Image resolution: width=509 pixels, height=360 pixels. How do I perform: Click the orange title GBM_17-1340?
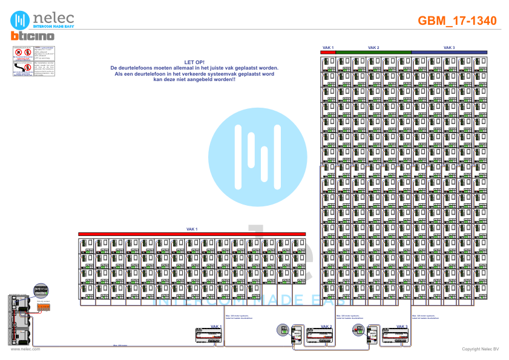pyautogui.click(x=457, y=21)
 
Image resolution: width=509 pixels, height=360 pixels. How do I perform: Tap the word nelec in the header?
pyautogui.click(x=53, y=17)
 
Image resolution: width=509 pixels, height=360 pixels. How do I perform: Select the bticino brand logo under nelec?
pyautogui.click(x=33, y=36)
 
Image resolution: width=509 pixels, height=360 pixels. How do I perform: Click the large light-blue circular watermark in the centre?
pyautogui.click(x=258, y=157)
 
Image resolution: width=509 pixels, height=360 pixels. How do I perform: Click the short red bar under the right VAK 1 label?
pyautogui.click(x=327, y=52)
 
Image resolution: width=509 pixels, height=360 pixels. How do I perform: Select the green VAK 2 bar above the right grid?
pyautogui.click(x=373, y=52)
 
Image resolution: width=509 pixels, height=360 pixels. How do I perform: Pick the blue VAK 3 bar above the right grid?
pyautogui.click(x=450, y=52)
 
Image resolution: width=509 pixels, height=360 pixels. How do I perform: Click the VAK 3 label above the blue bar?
pyautogui.click(x=449, y=47)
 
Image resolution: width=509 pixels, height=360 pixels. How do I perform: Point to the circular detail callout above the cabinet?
pyautogui.click(x=41, y=290)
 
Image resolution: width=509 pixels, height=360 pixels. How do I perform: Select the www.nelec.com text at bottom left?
pyautogui.click(x=25, y=349)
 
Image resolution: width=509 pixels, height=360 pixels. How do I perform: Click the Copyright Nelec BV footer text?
pyautogui.click(x=479, y=349)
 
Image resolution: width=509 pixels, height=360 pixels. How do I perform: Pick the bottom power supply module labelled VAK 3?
pyautogui.click(x=396, y=336)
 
